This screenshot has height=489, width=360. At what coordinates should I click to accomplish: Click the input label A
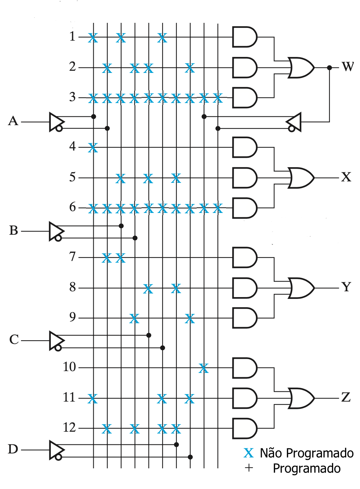(x=13, y=121)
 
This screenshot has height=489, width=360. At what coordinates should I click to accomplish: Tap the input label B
(x=14, y=230)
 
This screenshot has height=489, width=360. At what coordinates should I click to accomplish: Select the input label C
(x=14, y=340)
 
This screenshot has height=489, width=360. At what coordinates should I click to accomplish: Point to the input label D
(x=13, y=449)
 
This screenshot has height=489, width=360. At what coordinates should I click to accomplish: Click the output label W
(x=347, y=67)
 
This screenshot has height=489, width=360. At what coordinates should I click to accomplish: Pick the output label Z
(x=346, y=397)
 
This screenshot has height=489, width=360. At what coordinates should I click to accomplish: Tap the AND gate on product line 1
(x=245, y=37)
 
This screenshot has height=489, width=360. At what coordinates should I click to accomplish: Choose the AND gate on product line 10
(x=245, y=368)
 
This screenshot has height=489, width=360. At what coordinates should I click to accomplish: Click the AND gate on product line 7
(x=245, y=258)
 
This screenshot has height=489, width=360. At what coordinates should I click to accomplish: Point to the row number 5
(x=73, y=177)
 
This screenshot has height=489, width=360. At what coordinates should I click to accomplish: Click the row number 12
(x=69, y=427)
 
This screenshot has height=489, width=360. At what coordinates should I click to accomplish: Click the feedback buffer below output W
(x=294, y=122)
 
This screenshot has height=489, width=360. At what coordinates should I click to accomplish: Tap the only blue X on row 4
(x=93, y=148)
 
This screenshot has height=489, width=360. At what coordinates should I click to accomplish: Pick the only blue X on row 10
(x=204, y=369)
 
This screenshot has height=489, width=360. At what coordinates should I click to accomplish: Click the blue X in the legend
(x=249, y=453)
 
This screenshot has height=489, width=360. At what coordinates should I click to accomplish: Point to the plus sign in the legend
(x=249, y=468)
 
